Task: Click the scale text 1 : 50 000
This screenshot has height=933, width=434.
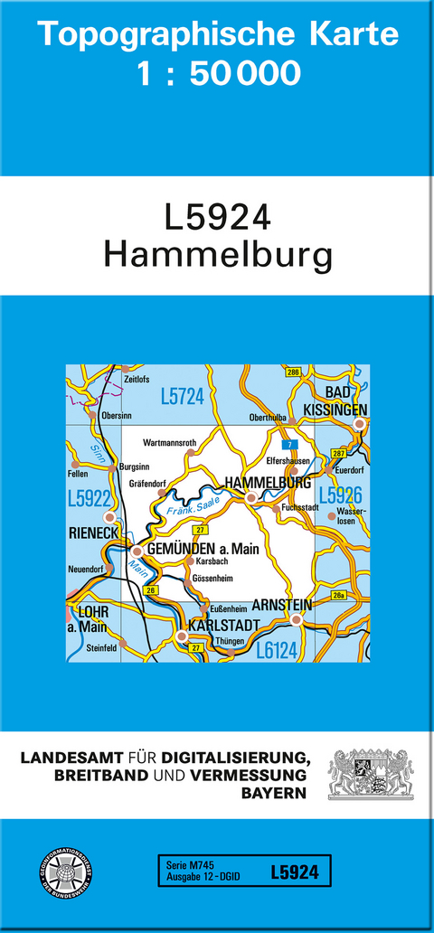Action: pyautogui.click(x=217, y=73)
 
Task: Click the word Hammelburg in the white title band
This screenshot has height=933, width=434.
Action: pyautogui.click(x=217, y=256)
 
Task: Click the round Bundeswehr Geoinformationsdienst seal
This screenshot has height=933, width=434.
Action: pyautogui.click(x=63, y=871)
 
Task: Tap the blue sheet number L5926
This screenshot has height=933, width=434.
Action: pyautogui.click(x=340, y=495)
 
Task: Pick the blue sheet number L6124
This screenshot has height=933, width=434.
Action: pyautogui.click(x=277, y=648)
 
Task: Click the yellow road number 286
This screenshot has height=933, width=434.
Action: pyautogui.click(x=292, y=372)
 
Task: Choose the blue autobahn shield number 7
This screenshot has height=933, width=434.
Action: pyautogui.click(x=287, y=444)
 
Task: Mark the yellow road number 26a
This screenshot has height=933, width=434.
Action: pyautogui.click(x=339, y=595)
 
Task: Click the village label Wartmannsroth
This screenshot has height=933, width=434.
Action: pyautogui.click(x=170, y=443)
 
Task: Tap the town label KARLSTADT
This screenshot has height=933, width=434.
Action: pyautogui.click(x=223, y=625)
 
